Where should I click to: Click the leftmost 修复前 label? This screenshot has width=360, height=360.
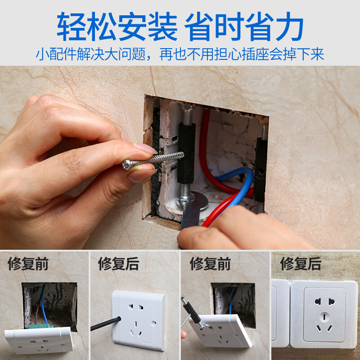(28, 264)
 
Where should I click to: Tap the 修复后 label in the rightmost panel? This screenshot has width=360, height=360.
(301, 264)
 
